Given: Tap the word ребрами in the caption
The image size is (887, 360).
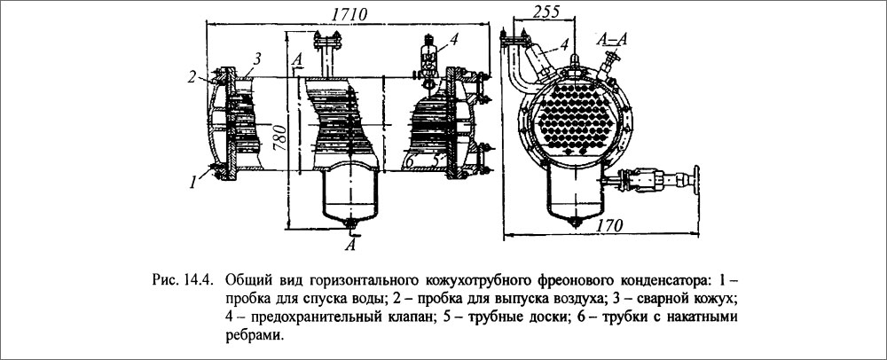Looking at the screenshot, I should click(256, 336).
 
